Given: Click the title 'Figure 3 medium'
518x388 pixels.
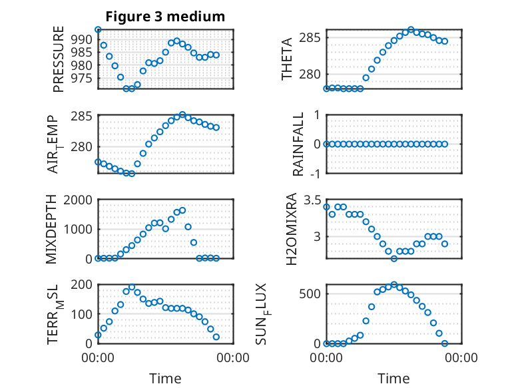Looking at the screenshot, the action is pyautogui.click(x=165, y=17).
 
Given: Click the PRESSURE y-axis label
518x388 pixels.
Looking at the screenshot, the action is pyautogui.click(x=59, y=59).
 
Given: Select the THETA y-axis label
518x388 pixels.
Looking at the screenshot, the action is pyautogui.click(x=287, y=59).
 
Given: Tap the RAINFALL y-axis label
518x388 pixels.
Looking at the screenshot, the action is pyautogui.click(x=298, y=144).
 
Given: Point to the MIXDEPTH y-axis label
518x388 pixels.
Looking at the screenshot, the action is pyautogui.click(x=51, y=229).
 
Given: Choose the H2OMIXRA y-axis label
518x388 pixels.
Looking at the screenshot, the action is pyautogui.click(x=292, y=229).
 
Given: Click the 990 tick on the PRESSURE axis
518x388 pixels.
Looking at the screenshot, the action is pyautogui.click(x=82, y=40).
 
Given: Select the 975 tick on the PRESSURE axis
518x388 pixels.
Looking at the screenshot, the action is pyautogui.click(x=82, y=79).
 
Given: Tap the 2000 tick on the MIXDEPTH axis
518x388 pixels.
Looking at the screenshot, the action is pyautogui.click(x=78, y=200).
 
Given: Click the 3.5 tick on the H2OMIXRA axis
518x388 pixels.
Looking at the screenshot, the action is pyautogui.click(x=312, y=200).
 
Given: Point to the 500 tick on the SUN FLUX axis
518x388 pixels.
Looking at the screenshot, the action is pyautogui.click(x=310, y=294).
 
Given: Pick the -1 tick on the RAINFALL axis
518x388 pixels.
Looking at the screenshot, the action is pyautogui.click(x=316, y=173).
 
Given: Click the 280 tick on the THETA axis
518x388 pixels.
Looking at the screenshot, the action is pyautogui.click(x=310, y=75).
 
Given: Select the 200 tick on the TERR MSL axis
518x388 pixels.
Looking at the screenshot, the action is pyautogui.click(x=82, y=284).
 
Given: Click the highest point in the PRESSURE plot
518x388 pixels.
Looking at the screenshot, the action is pyautogui.click(x=98, y=30).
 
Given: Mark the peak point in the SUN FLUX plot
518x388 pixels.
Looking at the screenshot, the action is pyautogui.click(x=393, y=285).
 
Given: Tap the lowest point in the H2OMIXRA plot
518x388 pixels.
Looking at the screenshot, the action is pyautogui.click(x=393, y=259).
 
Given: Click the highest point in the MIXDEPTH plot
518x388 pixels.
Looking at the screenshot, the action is pyautogui.click(x=182, y=210).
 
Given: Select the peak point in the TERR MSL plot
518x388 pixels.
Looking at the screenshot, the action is pyautogui.click(x=132, y=288).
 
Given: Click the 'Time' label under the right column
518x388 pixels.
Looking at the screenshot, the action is pyautogui.click(x=393, y=378).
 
